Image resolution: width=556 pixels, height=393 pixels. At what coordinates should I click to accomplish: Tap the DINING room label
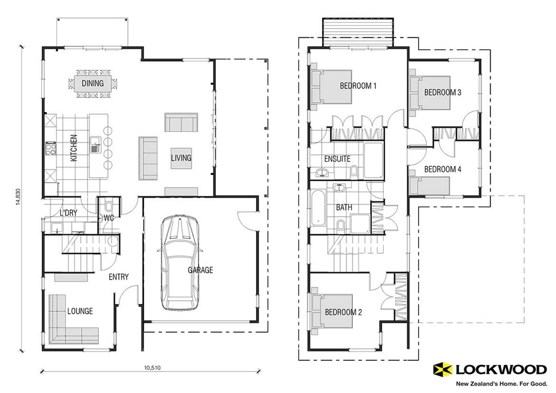coord(92,83)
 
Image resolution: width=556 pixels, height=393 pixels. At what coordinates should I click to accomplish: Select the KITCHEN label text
coord(74,148)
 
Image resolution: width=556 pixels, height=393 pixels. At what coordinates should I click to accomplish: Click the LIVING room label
coord(181,158)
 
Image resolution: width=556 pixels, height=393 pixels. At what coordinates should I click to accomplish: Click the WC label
coord(108,217)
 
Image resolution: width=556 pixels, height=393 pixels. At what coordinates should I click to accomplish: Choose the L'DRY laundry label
coord(68,213)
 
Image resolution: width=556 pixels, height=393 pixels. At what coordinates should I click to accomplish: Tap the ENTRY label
coord(118,277)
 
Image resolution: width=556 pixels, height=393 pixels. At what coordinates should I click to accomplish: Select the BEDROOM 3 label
coord(443,92)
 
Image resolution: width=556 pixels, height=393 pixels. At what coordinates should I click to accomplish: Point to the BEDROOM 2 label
coord(343,312)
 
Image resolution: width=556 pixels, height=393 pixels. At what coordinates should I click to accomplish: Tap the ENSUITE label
coord(337,159)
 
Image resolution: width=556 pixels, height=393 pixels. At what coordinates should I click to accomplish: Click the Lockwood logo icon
coord(442,369)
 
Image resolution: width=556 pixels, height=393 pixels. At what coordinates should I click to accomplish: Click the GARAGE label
coord(200,270)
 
